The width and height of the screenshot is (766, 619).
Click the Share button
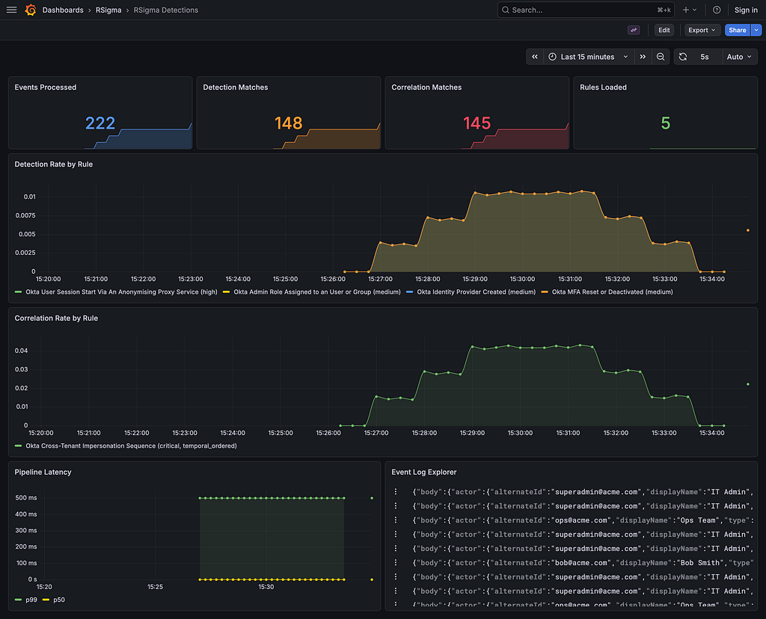point(737,30)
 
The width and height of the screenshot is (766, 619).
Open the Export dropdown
point(702,30)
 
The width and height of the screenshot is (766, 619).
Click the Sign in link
point(746,10)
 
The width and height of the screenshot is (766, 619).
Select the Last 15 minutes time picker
point(589,57)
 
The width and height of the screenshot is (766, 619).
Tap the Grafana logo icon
point(31,10)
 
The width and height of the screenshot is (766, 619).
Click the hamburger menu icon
point(11,10)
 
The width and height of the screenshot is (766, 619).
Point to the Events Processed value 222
point(100,123)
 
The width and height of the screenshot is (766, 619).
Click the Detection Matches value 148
point(288,123)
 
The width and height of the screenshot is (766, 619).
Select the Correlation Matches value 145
point(477,123)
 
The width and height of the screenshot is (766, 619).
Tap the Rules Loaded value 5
point(665,123)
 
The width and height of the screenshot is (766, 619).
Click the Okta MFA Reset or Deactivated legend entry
point(607,292)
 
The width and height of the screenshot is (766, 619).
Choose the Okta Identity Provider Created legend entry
point(471,292)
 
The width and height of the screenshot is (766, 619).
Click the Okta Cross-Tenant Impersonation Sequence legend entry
point(126,446)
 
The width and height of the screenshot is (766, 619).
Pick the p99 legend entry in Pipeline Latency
point(26,600)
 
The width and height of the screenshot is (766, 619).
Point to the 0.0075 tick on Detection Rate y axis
point(25,215)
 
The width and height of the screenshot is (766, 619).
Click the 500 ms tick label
point(26,498)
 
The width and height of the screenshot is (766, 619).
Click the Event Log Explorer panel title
point(424,472)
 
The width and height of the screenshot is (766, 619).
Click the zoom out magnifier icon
point(661,57)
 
